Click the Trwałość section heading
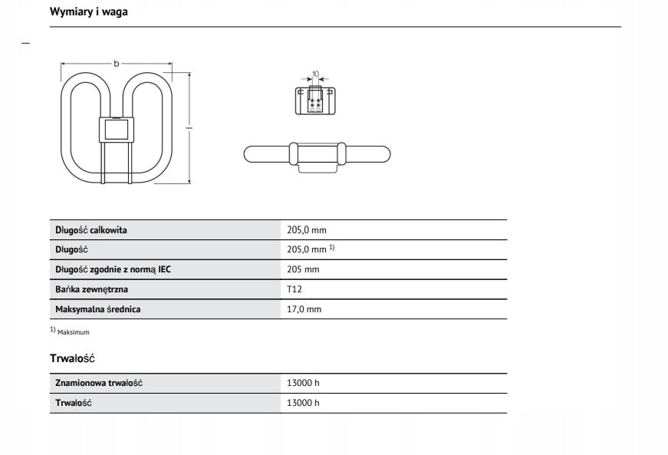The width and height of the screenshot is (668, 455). (72, 358)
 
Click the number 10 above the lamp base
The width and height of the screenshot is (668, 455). (315, 74)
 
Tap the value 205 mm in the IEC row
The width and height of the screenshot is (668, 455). (303, 269)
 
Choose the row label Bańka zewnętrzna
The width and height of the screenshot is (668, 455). (92, 289)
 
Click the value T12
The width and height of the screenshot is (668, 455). (294, 289)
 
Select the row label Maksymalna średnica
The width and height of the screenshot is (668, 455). (98, 309)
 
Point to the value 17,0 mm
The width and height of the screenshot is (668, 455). (304, 309)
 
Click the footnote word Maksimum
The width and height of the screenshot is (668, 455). (74, 332)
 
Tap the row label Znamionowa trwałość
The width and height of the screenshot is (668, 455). (100, 383)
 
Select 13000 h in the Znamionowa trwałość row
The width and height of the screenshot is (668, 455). (303, 383)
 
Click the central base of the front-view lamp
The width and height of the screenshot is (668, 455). (117, 130)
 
